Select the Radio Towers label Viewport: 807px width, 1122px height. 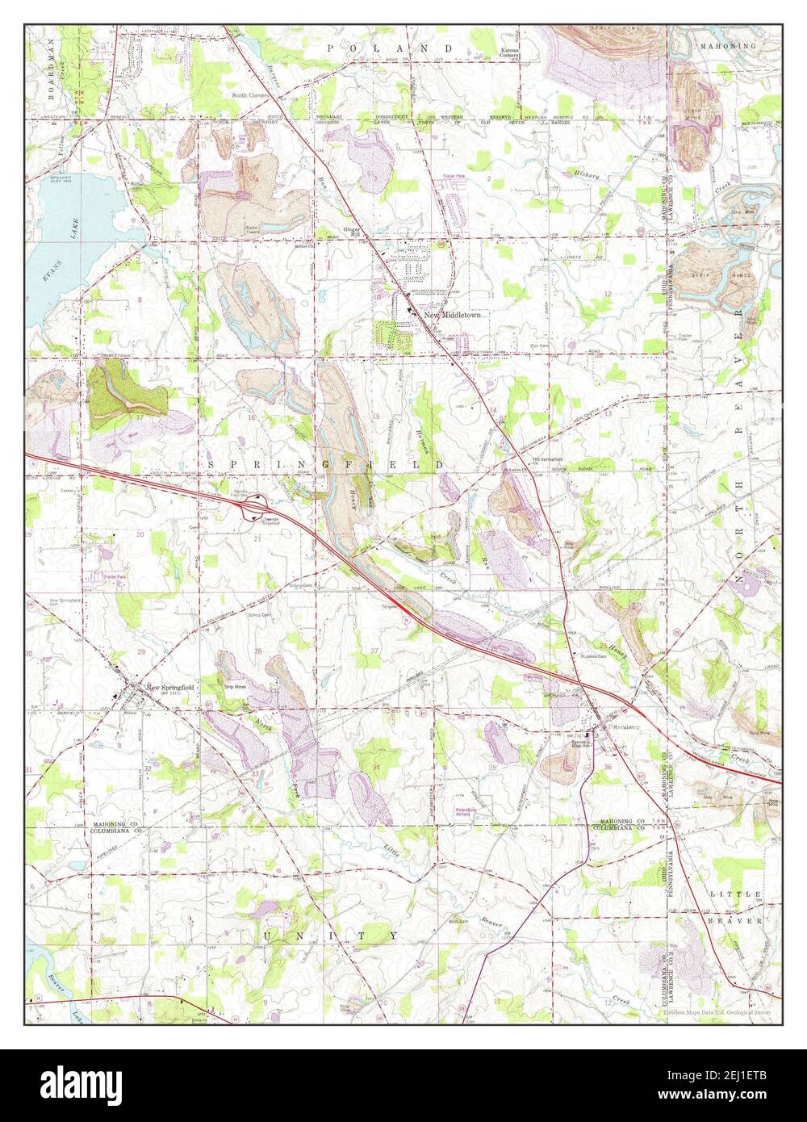tap(257, 231)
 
